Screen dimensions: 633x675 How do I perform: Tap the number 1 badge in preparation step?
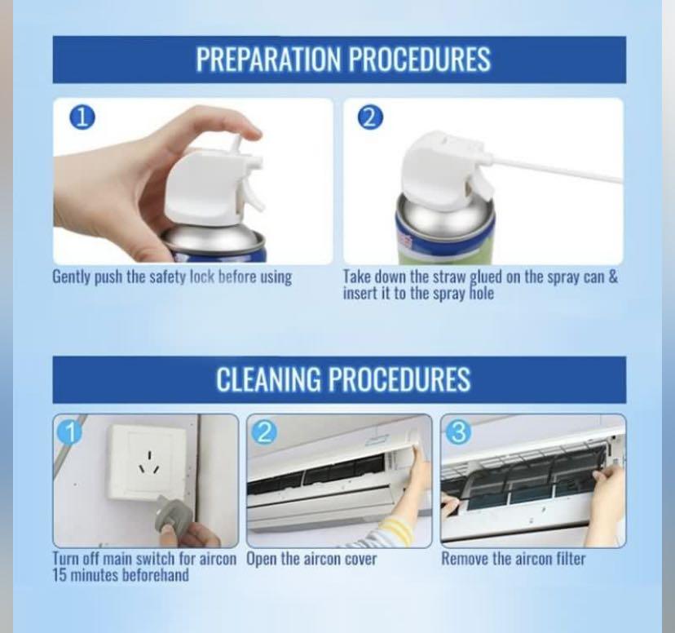coord(82,117)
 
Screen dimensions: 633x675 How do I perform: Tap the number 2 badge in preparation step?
coord(369,117)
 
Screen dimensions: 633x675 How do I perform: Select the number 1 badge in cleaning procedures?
coord(69,431)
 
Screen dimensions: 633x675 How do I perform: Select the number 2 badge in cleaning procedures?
coord(263,431)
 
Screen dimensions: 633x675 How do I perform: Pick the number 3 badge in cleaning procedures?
coord(457,431)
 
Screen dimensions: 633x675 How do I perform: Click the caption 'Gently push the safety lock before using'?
coord(172,277)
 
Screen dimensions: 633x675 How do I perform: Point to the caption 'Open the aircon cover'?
coord(311,559)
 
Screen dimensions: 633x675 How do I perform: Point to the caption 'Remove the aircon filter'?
coord(513,559)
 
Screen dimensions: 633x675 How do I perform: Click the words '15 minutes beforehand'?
coord(121,575)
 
